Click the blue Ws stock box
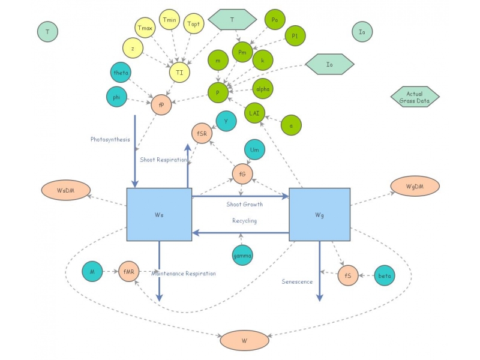tap(159, 214)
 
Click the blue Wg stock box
tap(319, 214)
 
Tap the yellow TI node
tap(179, 72)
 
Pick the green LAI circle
tap(254, 113)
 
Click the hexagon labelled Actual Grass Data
tap(415, 97)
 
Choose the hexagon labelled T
tap(232, 20)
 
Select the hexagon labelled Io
tap(329, 64)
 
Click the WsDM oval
tap(65, 191)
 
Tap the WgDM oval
tap(415, 187)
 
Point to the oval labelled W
tap(244, 340)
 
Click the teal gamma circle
tap(242, 256)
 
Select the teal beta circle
tap(385, 276)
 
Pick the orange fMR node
tap(129, 272)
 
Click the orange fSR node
tap(202, 133)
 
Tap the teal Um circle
tap(254, 150)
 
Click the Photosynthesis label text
tap(110, 139)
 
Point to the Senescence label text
tap(297, 281)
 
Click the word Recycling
tap(244, 221)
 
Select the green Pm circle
tap(242, 52)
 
